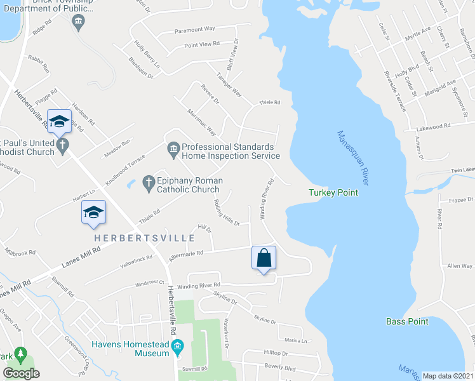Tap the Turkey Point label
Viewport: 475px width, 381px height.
click(x=333, y=192)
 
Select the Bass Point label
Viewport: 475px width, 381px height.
click(x=407, y=321)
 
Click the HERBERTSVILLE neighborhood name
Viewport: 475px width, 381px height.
click(x=145, y=237)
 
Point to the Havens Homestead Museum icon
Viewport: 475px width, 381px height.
click(x=178, y=347)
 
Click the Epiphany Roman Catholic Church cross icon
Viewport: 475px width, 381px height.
click(x=148, y=183)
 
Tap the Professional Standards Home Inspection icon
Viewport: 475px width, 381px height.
click(x=173, y=150)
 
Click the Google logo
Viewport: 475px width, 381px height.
click(x=21, y=373)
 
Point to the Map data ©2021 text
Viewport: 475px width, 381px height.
click(x=447, y=376)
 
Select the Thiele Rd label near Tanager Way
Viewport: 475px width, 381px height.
click(x=269, y=102)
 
